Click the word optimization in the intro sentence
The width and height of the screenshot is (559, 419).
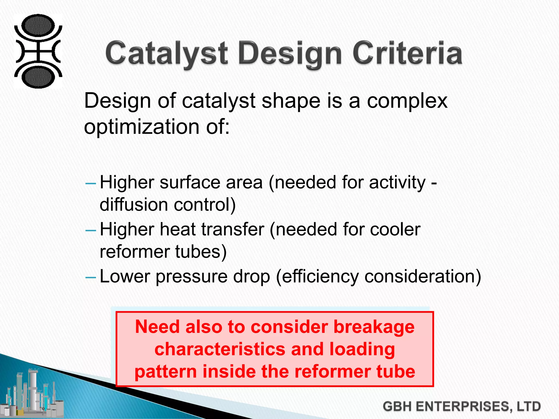click(x=142, y=127)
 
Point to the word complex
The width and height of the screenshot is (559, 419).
click(x=407, y=101)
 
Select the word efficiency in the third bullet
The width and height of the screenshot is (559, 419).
click(x=320, y=277)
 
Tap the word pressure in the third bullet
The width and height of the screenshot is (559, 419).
click(x=191, y=277)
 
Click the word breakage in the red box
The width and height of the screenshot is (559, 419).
click(x=374, y=327)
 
